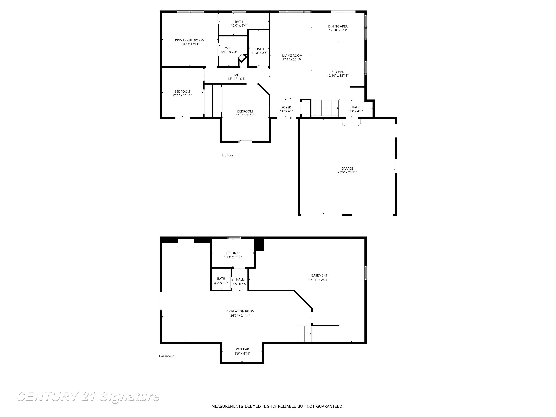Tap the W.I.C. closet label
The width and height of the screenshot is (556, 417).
[x=229, y=48]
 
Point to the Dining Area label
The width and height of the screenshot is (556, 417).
[x=338, y=26]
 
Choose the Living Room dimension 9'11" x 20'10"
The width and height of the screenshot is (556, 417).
[x=292, y=60]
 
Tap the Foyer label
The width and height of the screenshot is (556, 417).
[x=286, y=107]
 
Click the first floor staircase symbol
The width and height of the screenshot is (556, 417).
[x=325, y=108]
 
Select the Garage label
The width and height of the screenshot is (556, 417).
[x=347, y=168]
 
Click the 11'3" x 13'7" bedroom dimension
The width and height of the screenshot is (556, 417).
[x=245, y=115]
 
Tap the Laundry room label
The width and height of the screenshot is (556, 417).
[x=233, y=253]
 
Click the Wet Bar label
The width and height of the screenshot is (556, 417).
[x=242, y=349]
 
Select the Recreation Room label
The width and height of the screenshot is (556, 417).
[x=240, y=311]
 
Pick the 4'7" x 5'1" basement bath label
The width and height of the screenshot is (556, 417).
[x=221, y=279]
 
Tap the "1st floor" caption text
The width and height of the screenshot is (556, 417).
[x=227, y=155]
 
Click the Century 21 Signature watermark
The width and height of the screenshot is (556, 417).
[x=88, y=397]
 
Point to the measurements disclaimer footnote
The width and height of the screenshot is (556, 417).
[x=277, y=406]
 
